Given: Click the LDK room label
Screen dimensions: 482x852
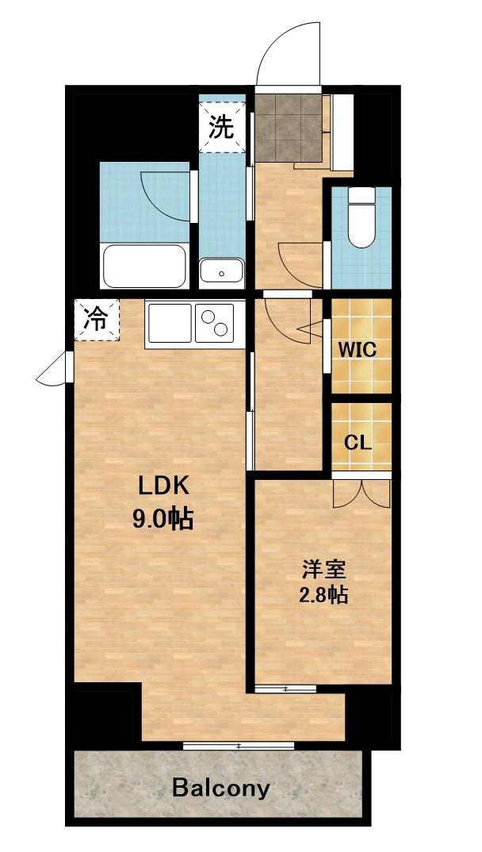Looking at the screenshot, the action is (163, 486).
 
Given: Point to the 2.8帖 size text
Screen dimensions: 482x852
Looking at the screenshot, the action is (323, 597).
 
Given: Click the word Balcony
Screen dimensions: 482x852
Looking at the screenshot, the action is (220, 787).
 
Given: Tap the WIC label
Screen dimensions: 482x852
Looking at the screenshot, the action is (358, 349).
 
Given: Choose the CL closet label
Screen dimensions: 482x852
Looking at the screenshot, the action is (358, 443).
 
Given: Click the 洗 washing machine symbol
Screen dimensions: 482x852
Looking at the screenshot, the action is (221, 128).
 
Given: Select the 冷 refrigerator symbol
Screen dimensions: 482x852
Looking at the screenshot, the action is (96, 320).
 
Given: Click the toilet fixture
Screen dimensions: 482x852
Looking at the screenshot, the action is (361, 217).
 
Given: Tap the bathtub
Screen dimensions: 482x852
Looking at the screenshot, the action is (144, 266).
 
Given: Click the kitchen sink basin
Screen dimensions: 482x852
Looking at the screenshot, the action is (170, 323).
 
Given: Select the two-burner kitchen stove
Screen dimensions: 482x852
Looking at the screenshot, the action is (214, 323).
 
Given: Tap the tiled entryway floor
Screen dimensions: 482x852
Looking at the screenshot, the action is (289, 129).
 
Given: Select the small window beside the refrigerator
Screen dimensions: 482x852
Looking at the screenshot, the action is (54, 370).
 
